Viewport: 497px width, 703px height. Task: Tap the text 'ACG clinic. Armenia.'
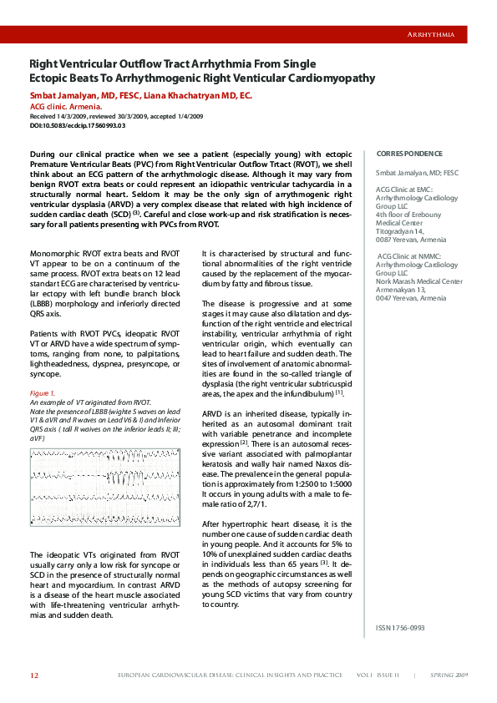66,107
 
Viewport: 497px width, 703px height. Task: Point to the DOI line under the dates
77,125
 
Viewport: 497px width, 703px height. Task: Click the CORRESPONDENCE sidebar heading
409,154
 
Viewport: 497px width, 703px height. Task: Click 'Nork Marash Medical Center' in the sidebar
418,281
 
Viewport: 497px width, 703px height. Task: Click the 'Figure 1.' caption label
43,392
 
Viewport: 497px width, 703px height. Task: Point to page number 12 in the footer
34,675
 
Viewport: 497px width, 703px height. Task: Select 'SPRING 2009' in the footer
449,675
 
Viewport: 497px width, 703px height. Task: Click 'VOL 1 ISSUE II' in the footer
378,675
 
